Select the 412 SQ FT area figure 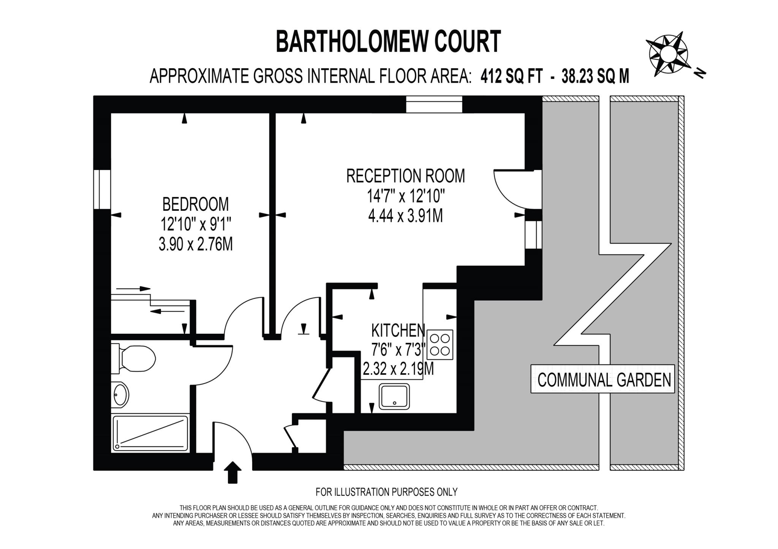tap(511, 76)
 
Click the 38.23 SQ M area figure tap(595, 76)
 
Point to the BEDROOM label tap(195, 204)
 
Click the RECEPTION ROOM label tap(405, 176)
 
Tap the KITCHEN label tap(398, 331)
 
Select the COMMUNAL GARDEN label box tap(602, 379)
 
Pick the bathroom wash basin tap(120, 395)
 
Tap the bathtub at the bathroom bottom tap(150, 433)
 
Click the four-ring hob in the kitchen tap(440, 344)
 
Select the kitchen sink tap(395, 396)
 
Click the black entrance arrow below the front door tap(232, 472)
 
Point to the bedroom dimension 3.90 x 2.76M tap(195, 244)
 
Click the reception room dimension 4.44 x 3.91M tap(405, 216)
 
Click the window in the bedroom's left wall tap(102, 189)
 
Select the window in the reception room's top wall tap(434, 104)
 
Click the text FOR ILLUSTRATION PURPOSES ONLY tap(386, 492)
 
